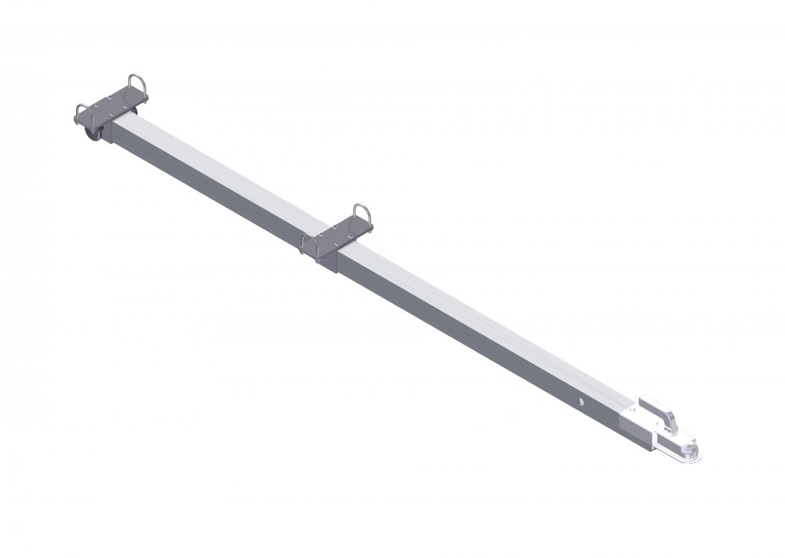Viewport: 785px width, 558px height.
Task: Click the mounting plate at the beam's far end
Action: click(x=110, y=107)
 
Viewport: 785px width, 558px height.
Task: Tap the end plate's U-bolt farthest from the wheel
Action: click(x=136, y=85)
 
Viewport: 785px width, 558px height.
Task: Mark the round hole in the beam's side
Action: click(x=583, y=403)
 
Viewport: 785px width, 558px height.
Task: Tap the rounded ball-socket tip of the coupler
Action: click(x=692, y=450)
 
